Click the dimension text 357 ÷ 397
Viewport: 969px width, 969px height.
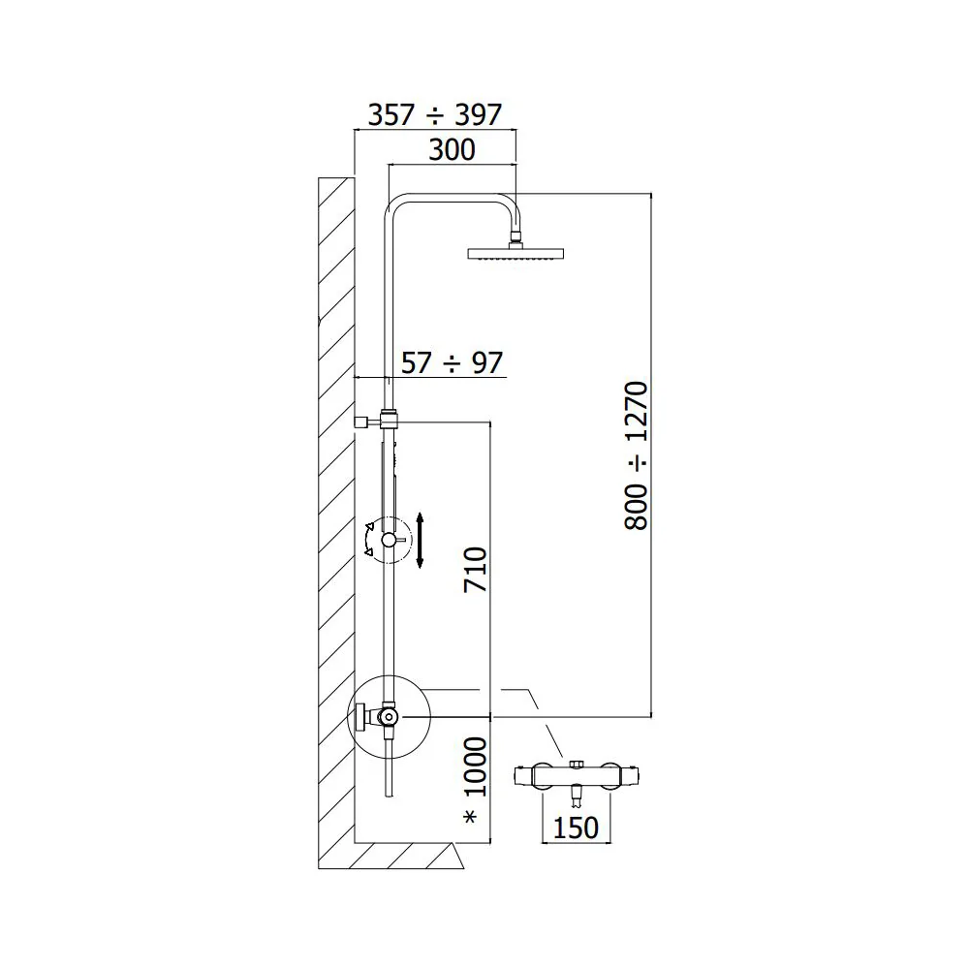click(x=434, y=115)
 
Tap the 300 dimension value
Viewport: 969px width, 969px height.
click(x=452, y=150)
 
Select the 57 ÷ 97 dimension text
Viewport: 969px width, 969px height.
click(x=452, y=362)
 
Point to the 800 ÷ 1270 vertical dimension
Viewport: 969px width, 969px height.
click(x=637, y=455)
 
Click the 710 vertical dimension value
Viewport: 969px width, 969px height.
click(x=476, y=569)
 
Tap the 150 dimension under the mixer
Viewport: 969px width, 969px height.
click(x=576, y=828)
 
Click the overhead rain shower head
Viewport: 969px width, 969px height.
click(x=516, y=253)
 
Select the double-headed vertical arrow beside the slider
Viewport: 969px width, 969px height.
click(x=420, y=540)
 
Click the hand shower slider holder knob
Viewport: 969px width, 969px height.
click(x=389, y=540)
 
